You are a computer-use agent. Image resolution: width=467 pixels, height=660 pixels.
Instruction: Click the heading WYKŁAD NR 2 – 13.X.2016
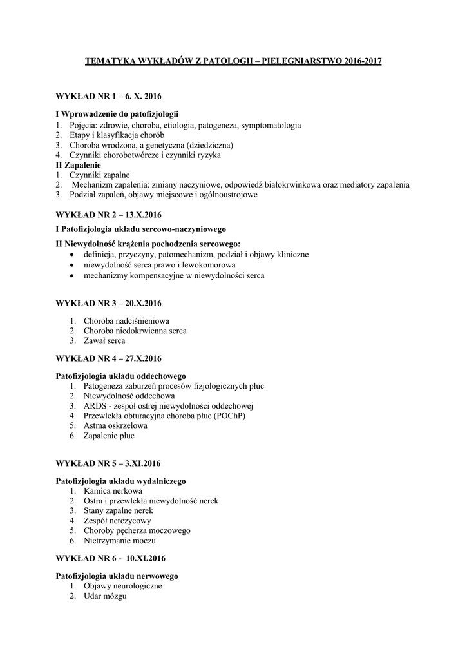click(108, 214)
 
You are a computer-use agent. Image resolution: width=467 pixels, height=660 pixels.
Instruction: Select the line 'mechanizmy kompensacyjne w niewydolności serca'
click(174, 275)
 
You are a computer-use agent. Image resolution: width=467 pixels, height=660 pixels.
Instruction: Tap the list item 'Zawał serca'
click(104, 340)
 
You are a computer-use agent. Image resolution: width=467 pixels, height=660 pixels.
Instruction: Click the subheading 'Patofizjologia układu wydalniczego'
click(120, 481)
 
